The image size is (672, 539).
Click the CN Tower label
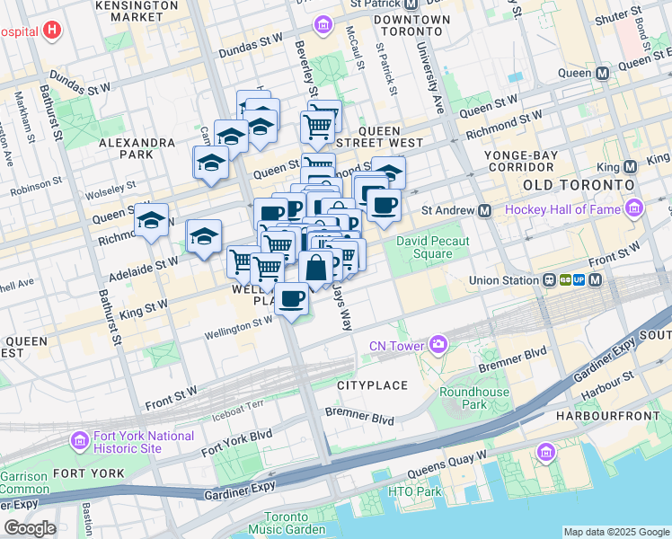point(400,345)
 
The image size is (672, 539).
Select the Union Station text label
point(502,280)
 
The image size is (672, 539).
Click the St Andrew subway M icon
point(484,210)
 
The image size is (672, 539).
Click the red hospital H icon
point(53,31)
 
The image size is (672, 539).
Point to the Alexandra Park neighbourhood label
point(137,148)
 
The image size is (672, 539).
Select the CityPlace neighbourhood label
point(372,384)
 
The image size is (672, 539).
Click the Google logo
point(30,528)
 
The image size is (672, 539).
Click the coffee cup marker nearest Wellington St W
point(290,298)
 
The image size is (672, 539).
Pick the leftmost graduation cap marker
point(152,219)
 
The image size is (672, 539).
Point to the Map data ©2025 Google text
point(615,532)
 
